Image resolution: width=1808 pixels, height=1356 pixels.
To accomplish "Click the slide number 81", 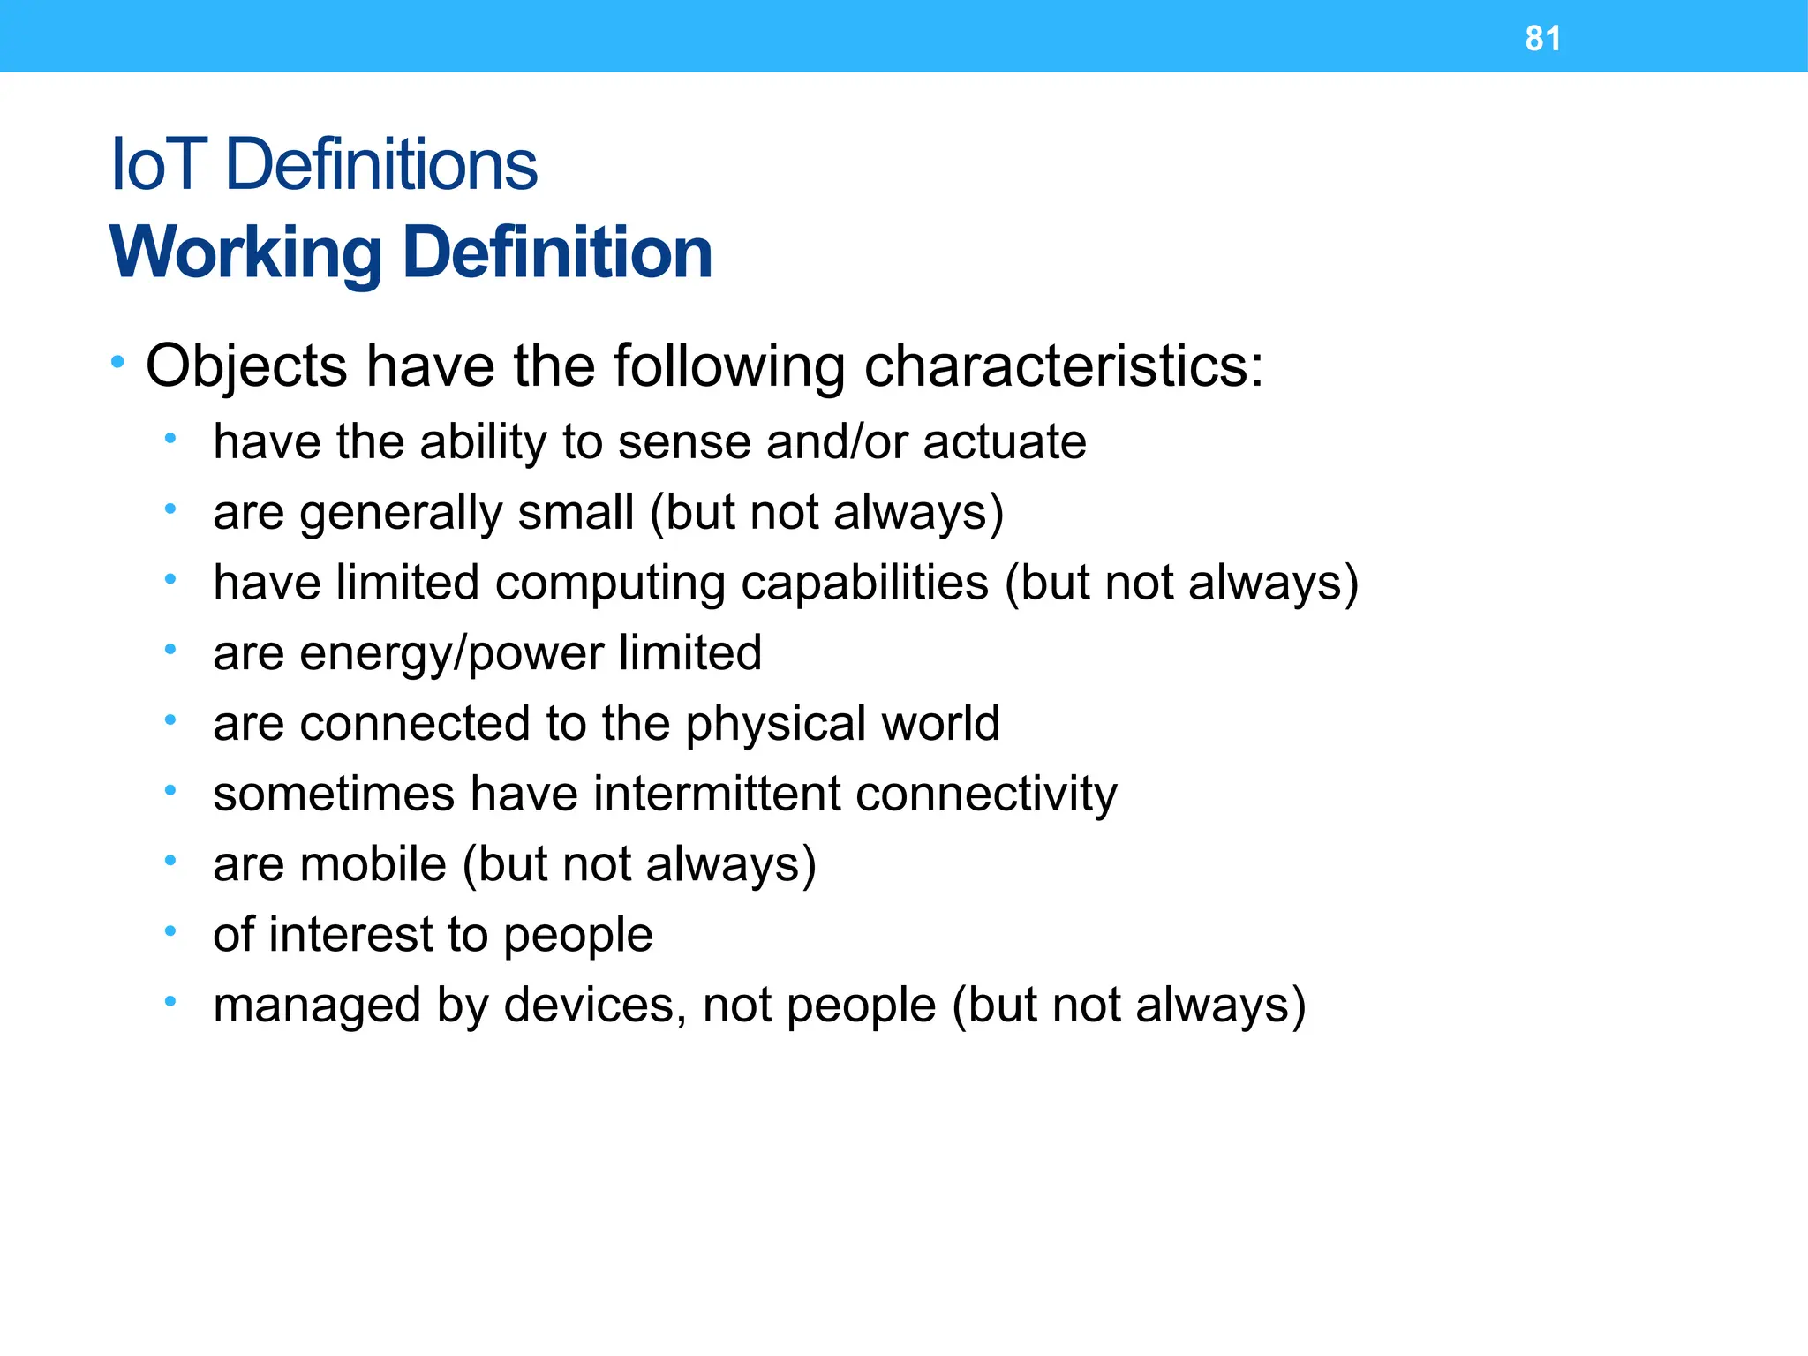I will click(x=1542, y=39).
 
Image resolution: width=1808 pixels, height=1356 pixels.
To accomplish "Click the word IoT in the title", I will click(x=158, y=165).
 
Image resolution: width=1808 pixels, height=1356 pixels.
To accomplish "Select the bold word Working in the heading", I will click(x=246, y=253).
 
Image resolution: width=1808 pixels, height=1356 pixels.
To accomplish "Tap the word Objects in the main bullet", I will click(x=246, y=366).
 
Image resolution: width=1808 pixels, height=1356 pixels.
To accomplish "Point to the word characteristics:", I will click(x=1064, y=366).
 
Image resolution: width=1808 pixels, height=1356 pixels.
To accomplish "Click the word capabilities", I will click(x=865, y=583).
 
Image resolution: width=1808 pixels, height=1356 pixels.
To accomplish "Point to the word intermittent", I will click(x=716, y=793).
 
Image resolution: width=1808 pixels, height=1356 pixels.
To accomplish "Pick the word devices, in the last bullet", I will click(x=596, y=1005).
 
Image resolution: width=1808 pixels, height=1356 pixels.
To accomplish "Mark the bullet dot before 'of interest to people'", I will click(x=170, y=930).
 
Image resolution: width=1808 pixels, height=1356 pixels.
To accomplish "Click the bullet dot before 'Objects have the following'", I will click(x=117, y=361).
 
